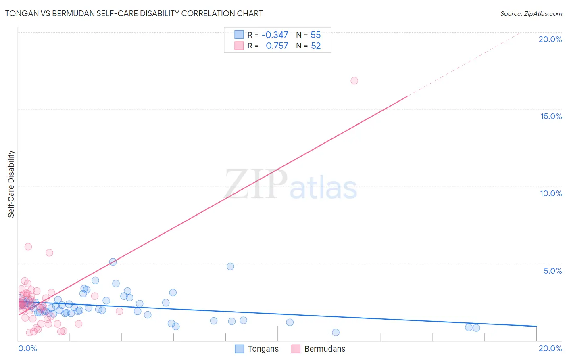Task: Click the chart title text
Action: (x=134, y=13)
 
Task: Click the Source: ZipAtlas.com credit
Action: (x=531, y=13)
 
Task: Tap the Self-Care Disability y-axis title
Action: (x=11, y=184)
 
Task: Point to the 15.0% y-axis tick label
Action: (x=551, y=116)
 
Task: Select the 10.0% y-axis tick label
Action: (x=551, y=193)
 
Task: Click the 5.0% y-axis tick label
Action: (x=552, y=271)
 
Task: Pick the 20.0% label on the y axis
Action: (x=550, y=39)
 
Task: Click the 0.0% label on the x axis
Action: (x=27, y=348)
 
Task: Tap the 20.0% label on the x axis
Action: (x=550, y=348)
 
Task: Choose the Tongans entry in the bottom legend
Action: (x=257, y=349)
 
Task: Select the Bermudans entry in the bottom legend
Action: (x=318, y=349)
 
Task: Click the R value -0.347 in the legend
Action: (x=275, y=35)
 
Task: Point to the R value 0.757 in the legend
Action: (x=277, y=46)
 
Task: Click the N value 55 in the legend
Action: (x=315, y=35)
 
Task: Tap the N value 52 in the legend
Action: (x=315, y=46)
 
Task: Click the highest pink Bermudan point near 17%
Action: (x=354, y=81)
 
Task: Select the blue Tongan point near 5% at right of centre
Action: (x=230, y=266)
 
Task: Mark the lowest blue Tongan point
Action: (x=336, y=333)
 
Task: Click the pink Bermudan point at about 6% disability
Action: (x=28, y=247)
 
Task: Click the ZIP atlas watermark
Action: (x=290, y=185)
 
